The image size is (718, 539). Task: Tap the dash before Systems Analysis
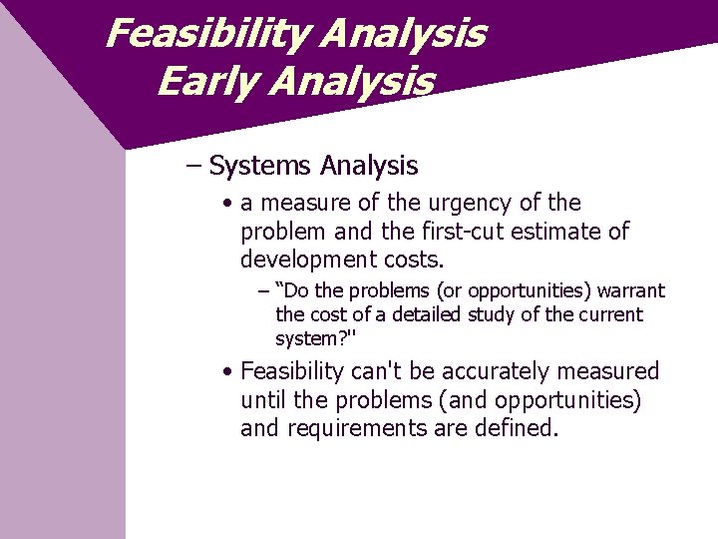[194, 165]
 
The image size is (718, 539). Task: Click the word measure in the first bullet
[300, 203]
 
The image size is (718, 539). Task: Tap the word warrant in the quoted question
[627, 290]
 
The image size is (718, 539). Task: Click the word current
[610, 314]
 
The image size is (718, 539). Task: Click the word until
[262, 400]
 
